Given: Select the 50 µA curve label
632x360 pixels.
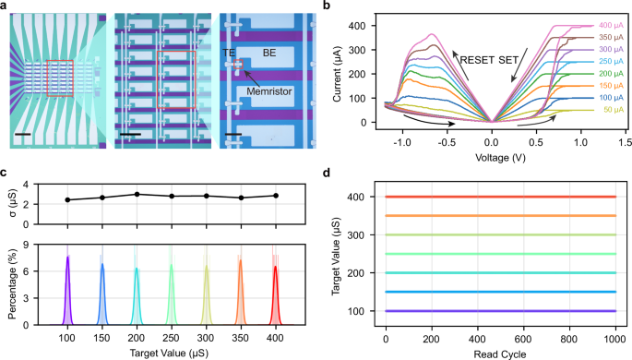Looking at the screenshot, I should [609, 110].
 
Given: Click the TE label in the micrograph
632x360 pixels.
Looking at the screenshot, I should [228, 54].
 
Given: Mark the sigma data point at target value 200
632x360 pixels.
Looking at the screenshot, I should [137, 194].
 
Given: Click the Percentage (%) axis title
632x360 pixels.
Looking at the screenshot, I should [12, 281].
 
